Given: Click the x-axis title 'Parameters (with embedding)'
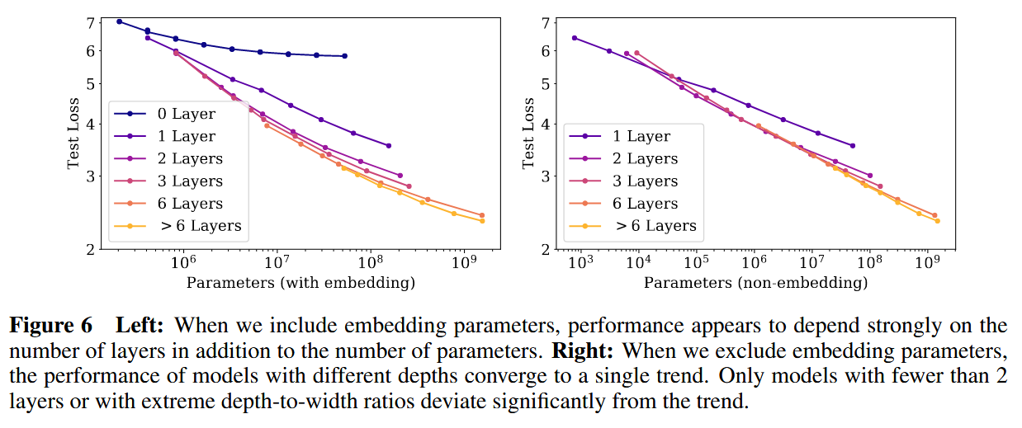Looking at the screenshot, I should coord(300,283).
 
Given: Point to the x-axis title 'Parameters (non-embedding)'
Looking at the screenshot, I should coord(756,283).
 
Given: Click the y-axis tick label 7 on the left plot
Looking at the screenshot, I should coord(92,22).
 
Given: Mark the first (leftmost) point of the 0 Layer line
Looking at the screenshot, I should coord(120,21).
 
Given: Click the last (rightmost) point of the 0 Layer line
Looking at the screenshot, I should coord(344,56).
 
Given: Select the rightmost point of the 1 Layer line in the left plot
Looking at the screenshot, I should coord(389,146).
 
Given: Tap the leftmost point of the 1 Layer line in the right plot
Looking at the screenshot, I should coord(575,38).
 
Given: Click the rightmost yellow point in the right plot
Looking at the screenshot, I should coord(937,220).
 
